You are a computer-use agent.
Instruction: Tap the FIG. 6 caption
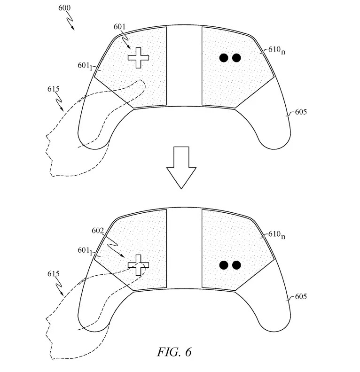click(175, 351)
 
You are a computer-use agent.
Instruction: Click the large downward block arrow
click(181, 167)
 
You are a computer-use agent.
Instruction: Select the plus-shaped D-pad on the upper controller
click(138, 58)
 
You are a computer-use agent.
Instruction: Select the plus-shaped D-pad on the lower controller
click(138, 265)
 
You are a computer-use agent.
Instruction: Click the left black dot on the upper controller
click(225, 58)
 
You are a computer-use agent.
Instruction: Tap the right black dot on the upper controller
click(236, 58)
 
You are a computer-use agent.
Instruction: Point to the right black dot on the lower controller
click(236, 265)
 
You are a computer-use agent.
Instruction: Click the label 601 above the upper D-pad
click(120, 27)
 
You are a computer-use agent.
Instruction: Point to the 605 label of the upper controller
click(301, 113)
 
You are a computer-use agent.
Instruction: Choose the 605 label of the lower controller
click(301, 297)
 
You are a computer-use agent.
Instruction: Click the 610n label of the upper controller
click(276, 50)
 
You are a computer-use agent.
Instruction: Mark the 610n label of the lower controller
click(276, 234)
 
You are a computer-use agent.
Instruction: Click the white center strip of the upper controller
click(184, 66)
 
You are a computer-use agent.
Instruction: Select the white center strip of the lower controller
click(184, 249)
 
